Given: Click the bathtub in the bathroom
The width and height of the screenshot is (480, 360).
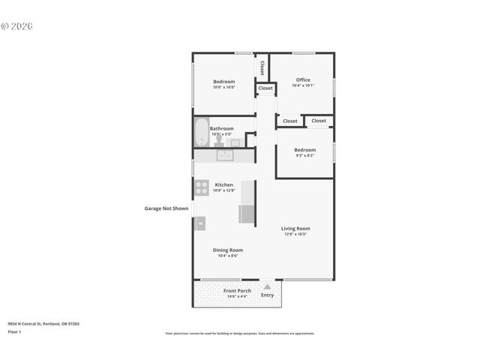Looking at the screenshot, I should pyautogui.click(x=201, y=133).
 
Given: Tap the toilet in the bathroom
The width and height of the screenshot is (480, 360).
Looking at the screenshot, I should pyautogui.click(x=217, y=140).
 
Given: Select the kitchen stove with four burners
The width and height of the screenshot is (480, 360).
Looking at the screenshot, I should pyautogui.click(x=202, y=187).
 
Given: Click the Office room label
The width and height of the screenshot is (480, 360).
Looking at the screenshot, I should pyautogui.click(x=303, y=80).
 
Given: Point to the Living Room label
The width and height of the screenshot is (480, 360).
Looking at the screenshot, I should pyautogui.click(x=295, y=229).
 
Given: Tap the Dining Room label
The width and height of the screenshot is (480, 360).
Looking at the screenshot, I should pyautogui.click(x=228, y=250).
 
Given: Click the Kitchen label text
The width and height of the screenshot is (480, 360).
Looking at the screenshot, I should pyautogui.click(x=223, y=184).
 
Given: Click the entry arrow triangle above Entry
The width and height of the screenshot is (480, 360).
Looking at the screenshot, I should pyautogui.click(x=267, y=286).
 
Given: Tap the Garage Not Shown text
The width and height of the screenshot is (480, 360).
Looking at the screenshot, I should pyautogui.click(x=166, y=208).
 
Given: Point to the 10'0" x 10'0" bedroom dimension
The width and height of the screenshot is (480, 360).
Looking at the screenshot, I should pyautogui.click(x=223, y=88).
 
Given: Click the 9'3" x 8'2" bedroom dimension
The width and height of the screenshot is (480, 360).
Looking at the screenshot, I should pyautogui.click(x=304, y=155).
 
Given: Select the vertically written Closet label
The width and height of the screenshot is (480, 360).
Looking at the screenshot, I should pyautogui.click(x=262, y=68).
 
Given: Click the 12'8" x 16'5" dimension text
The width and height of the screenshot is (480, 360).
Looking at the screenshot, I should pyautogui.click(x=295, y=235).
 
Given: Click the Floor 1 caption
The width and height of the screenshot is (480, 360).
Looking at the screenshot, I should pyautogui.click(x=13, y=331).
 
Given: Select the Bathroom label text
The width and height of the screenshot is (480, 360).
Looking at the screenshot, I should pyautogui.click(x=221, y=128).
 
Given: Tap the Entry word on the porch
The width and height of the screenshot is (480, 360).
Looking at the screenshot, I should pyautogui.click(x=267, y=295).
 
